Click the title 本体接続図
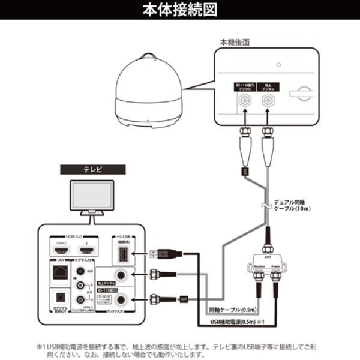[x=180, y=11]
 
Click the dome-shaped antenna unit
[x=149, y=91]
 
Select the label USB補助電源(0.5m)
[x=233, y=324]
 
